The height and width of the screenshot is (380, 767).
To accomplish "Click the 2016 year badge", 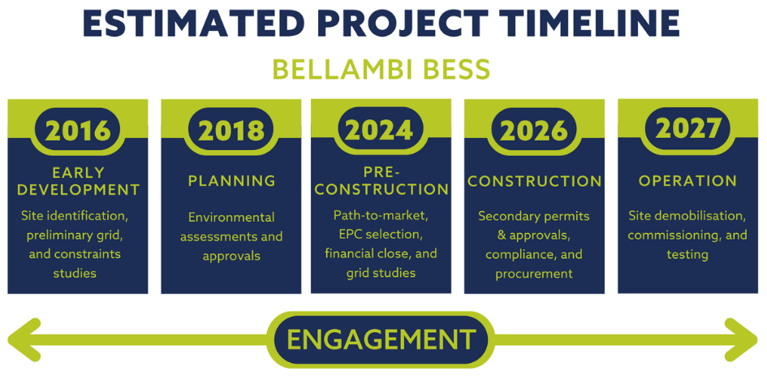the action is click(78, 130).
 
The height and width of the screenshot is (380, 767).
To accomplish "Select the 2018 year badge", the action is click(231, 130).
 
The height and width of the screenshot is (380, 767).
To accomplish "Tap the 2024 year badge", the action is click(380, 129).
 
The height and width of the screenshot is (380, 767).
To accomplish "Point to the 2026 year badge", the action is click(534, 130).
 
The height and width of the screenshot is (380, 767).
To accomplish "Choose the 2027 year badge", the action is click(687, 128).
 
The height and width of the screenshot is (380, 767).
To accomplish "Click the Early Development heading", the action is click(78, 181).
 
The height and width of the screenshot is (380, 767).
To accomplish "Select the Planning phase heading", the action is click(231, 180).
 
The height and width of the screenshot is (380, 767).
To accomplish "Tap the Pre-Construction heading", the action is click(381, 180).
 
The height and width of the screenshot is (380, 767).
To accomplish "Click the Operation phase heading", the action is click(687, 180).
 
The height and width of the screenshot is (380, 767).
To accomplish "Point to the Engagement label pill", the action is click(381, 339).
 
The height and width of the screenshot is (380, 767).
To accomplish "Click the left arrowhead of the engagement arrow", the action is click(24, 339).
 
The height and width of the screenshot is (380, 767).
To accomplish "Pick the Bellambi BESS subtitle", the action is click(381, 69).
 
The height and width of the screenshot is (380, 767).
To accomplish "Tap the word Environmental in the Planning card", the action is click(231, 217).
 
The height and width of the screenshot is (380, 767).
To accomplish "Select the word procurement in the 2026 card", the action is click(534, 274).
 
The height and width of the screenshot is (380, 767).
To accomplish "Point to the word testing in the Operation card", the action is click(687, 254).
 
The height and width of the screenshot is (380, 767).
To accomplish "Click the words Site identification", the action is click(78, 216).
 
